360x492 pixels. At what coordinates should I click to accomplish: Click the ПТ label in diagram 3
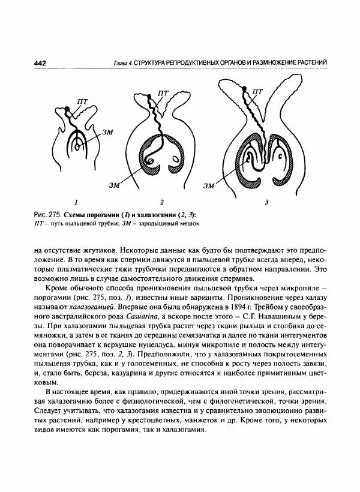tap(257, 91)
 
